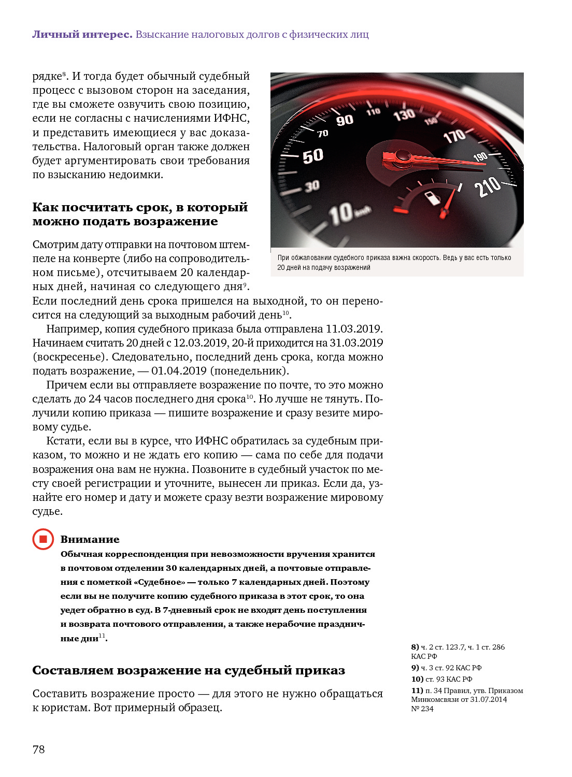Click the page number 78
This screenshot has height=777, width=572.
click(x=39, y=750)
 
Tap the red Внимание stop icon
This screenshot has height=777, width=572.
click(x=43, y=539)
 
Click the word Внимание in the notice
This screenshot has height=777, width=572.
click(x=90, y=539)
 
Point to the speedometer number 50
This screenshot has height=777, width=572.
click(x=313, y=155)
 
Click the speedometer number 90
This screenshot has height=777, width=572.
click(x=345, y=121)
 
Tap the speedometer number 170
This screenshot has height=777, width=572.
click(x=454, y=136)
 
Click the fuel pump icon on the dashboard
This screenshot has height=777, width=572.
click(x=431, y=198)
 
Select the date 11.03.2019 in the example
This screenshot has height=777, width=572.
click(x=353, y=329)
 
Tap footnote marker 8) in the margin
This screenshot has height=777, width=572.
click(x=415, y=647)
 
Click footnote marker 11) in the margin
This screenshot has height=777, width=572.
click(x=417, y=690)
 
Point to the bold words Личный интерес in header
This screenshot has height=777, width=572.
click(x=82, y=35)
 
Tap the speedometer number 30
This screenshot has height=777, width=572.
click(x=312, y=186)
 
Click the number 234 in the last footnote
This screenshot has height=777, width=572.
click(x=427, y=709)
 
